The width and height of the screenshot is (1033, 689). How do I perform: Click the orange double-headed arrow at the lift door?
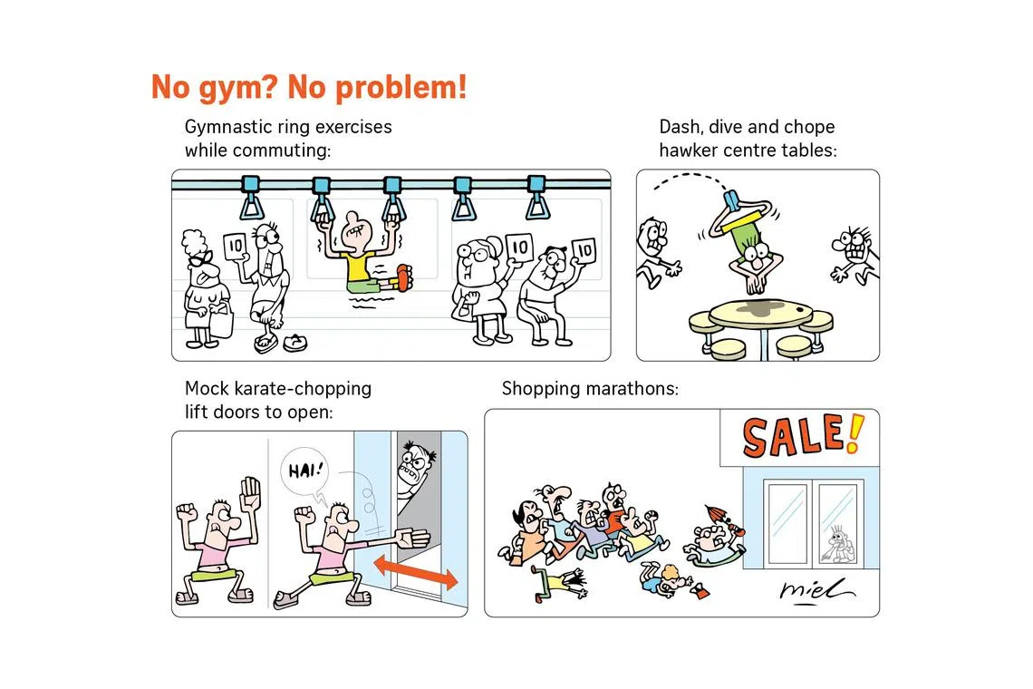click(x=416, y=572)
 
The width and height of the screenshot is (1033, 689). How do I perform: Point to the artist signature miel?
click(x=816, y=591)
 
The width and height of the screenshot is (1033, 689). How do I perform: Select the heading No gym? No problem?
click(x=309, y=87)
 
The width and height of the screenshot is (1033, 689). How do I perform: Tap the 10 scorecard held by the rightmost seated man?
click(x=584, y=250)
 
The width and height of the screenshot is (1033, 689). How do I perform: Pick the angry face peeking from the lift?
click(x=414, y=465)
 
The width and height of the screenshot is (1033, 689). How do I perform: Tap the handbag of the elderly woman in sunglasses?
click(x=221, y=320)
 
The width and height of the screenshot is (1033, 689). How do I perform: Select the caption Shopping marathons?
click(x=590, y=388)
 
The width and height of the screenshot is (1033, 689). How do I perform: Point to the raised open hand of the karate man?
click(x=251, y=492)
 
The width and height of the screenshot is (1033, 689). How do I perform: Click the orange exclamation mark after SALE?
click(x=854, y=433)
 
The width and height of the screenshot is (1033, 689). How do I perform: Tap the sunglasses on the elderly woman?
click(x=200, y=258)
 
